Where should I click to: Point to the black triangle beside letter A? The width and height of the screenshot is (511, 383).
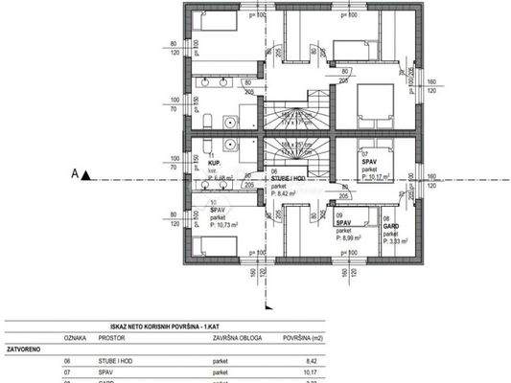pyautogui.click(x=85, y=174)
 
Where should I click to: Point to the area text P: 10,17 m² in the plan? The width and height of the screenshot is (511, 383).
pyautogui.click(x=378, y=175)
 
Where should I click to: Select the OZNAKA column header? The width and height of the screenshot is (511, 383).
pyautogui.click(x=76, y=338)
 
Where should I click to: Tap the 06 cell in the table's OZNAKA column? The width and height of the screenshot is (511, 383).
pyautogui.click(x=68, y=362)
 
